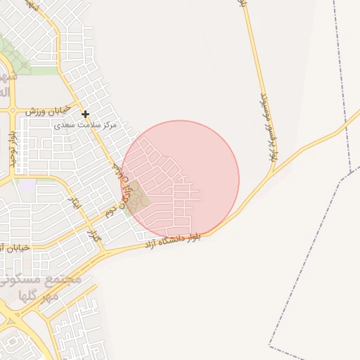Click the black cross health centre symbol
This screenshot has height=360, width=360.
click(x=85, y=114)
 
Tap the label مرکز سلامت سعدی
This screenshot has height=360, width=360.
click(x=86, y=124)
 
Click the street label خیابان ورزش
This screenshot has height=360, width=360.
click(x=47, y=111)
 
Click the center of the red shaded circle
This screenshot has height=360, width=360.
click(x=180, y=179)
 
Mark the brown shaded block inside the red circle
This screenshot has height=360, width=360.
click(x=137, y=196)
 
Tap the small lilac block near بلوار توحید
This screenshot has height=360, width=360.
click(x=26, y=186)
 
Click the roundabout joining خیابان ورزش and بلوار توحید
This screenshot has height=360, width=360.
click(x=13, y=110)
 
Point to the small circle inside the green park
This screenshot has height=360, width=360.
click(x=25, y=65)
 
